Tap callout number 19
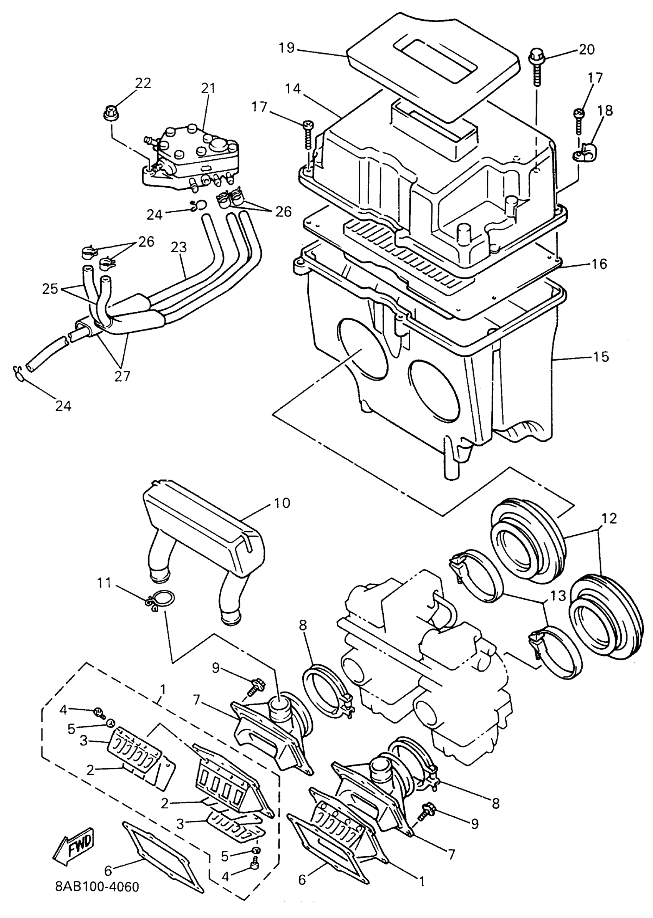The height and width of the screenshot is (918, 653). point(287,48)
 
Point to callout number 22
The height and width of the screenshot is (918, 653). point(143,83)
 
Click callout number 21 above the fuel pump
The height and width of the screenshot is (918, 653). point(208,88)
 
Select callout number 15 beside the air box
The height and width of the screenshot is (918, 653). point(601,357)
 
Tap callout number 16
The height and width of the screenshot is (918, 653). point(599,264)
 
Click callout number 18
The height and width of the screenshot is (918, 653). point(605,110)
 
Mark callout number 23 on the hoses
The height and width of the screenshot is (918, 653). point(179,247)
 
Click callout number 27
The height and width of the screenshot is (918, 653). point(122,376)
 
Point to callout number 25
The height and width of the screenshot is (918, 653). point(50,289)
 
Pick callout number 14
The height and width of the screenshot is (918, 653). point(293,88)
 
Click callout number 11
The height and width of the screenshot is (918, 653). point(104,582)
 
